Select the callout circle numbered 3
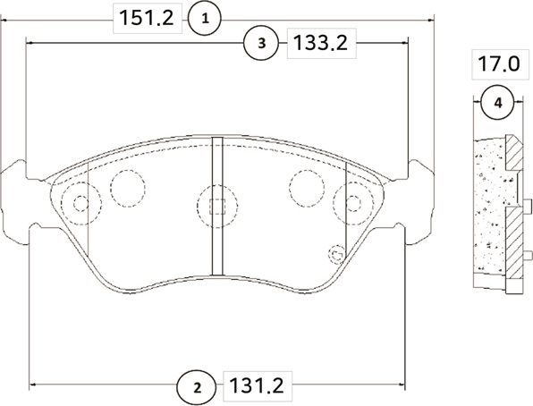[x=259, y=42]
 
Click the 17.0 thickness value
[x=497, y=65]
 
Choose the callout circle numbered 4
[x=497, y=104]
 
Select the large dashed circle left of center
[x=127, y=186]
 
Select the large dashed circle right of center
[x=306, y=186]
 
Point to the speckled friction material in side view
[x=488, y=210]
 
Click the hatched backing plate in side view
[x=512, y=210]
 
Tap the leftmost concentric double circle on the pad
[x=80, y=204]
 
